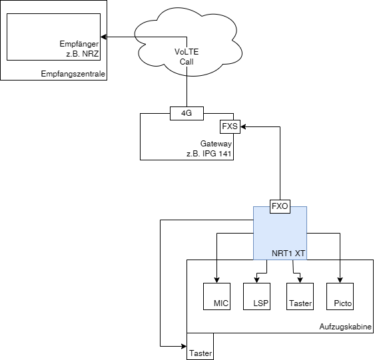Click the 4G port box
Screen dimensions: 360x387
(x=187, y=113)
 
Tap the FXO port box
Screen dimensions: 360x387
(x=280, y=206)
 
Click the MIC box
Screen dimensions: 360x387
(x=216, y=296)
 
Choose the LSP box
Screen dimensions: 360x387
(x=256, y=296)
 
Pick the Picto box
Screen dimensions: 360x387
(x=340, y=296)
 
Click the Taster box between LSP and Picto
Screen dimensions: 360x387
(x=300, y=296)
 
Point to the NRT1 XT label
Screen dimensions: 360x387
(x=288, y=254)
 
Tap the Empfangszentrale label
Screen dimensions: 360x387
(x=73, y=73)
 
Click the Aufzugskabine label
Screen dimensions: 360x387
(x=346, y=327)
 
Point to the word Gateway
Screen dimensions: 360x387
(x=216, y=144)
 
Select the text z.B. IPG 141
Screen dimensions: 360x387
(x=210, y=154)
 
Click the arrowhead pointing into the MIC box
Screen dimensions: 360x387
(x=216, y=279)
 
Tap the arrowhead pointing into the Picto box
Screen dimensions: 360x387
(x=340, y=279)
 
